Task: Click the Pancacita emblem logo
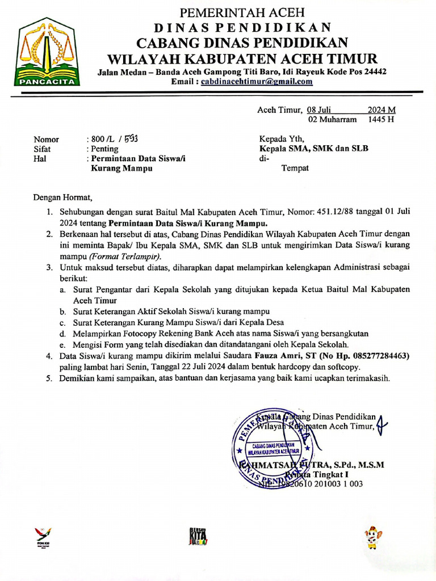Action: point(48,52)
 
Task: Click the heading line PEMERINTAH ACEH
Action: point(242,12)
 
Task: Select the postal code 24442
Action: point(374,71)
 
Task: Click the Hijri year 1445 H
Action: point(381,120)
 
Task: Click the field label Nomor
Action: point(46,139)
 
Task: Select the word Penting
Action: point(104,149)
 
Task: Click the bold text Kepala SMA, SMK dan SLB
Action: point(313,149)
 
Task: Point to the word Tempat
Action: point(295,169)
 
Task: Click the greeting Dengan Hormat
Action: point(62,198)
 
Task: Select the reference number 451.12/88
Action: point(316,212)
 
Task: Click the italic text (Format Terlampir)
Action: point(129,256)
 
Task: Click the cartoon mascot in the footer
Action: point(372,537)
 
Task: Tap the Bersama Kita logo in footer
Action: point(198,536)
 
